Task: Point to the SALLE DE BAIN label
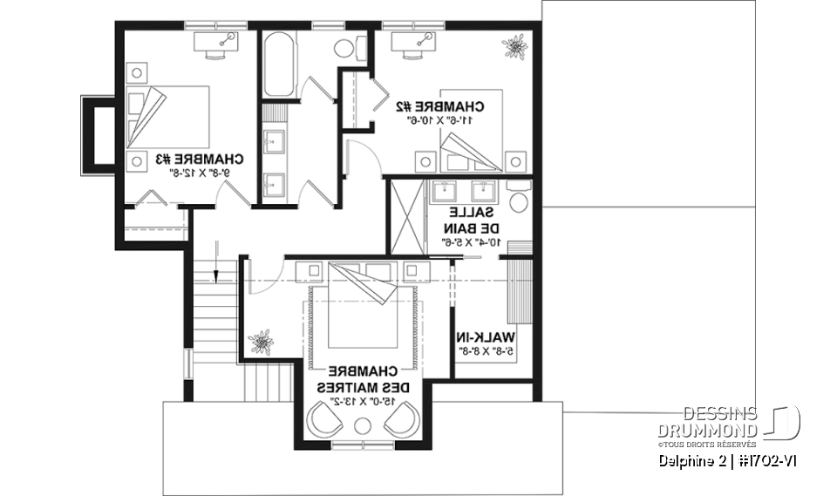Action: tap(473, 227)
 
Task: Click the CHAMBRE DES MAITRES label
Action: tap(358, 377)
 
